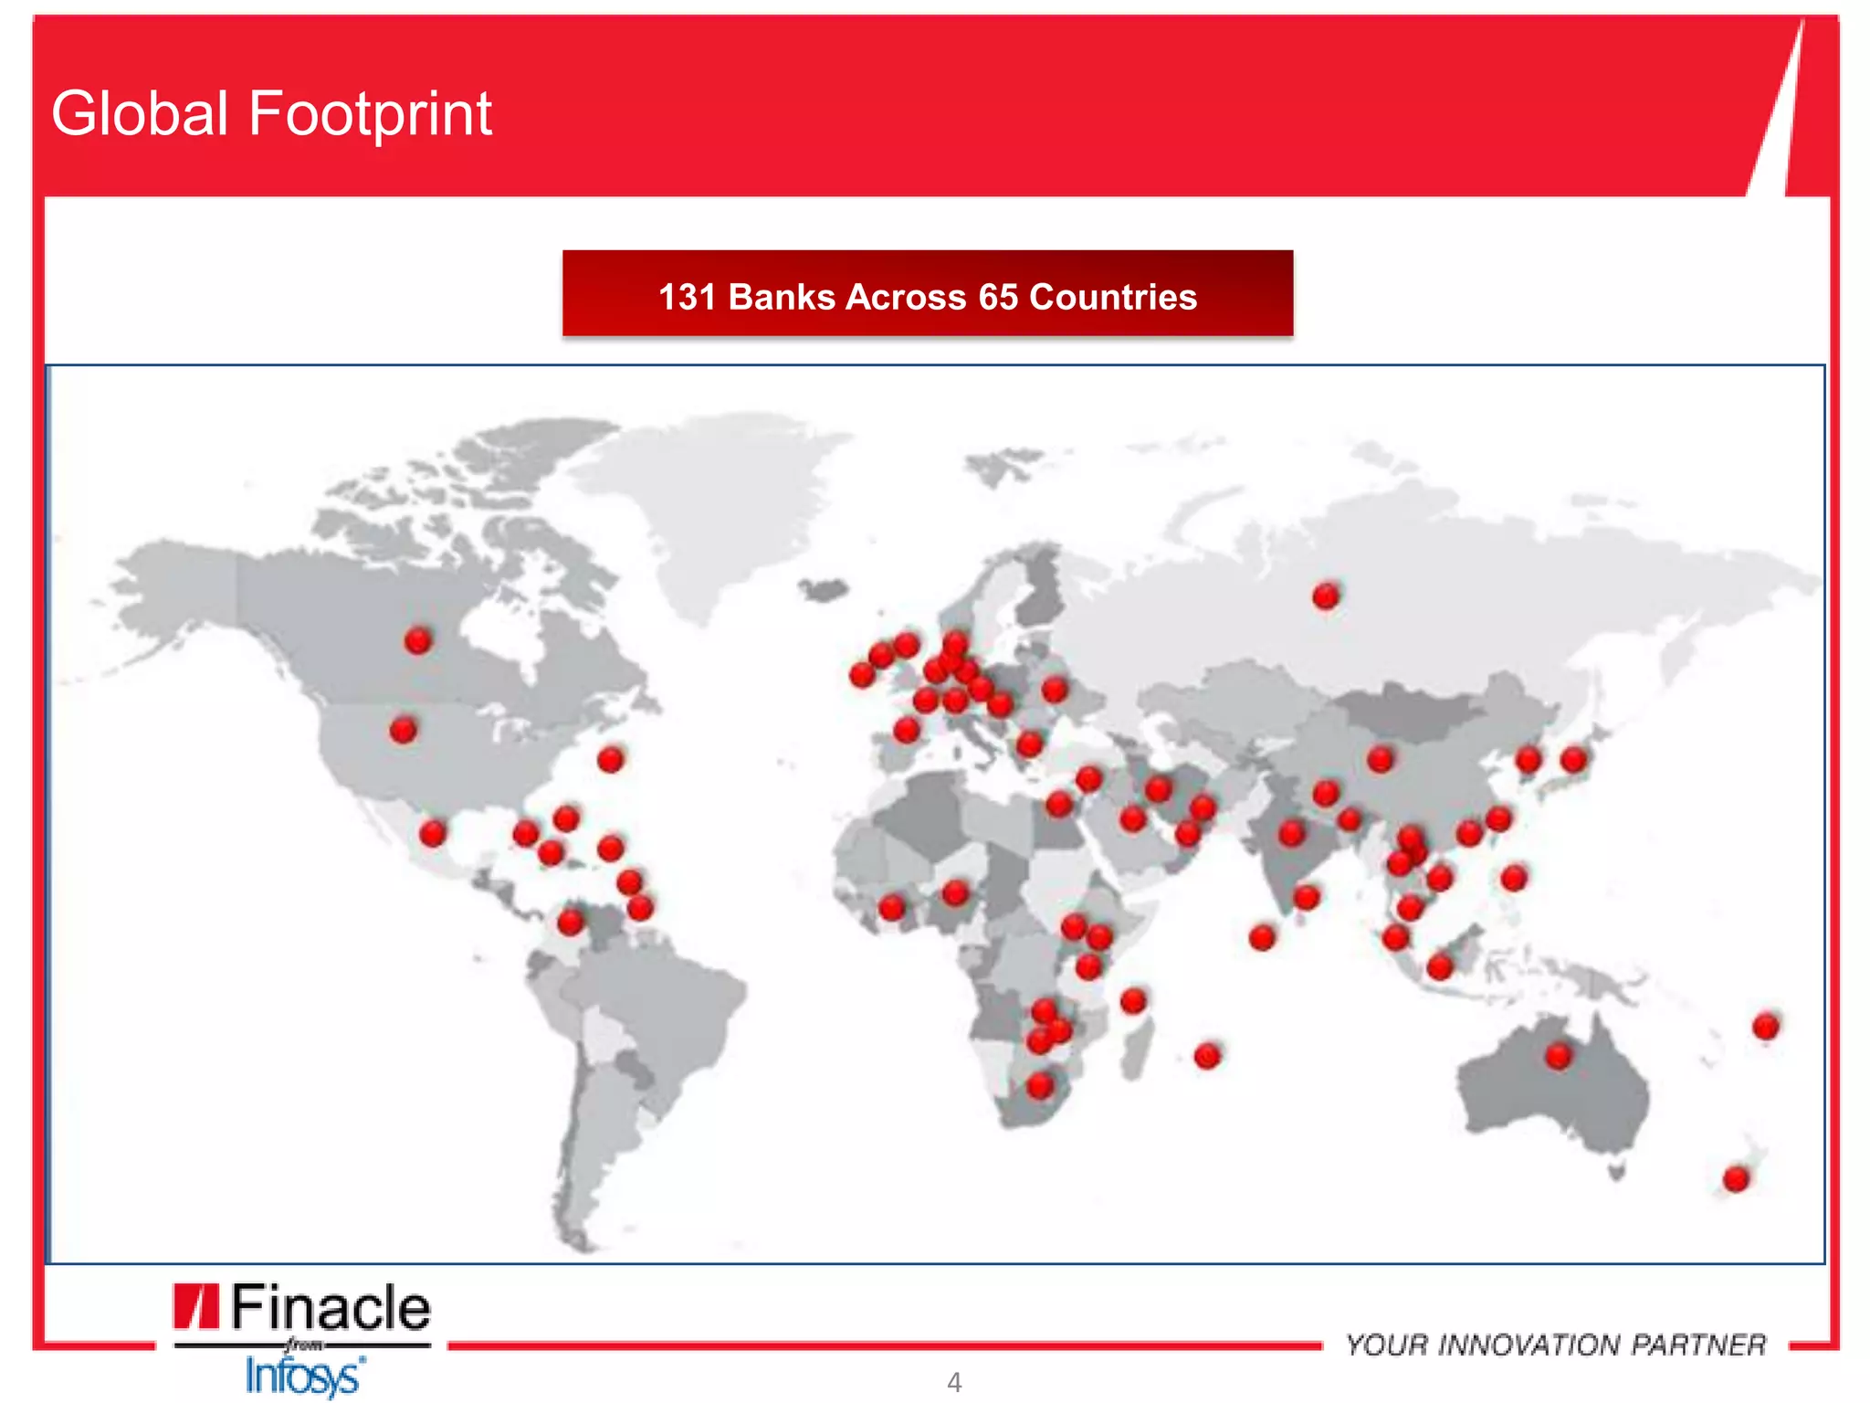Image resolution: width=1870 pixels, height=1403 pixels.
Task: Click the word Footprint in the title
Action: [370, 114]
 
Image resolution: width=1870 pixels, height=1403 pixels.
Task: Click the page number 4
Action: [954, 1383]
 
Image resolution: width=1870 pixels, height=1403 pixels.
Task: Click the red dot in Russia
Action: [1326, 596]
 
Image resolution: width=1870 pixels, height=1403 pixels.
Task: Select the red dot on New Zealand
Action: [1736, 1179]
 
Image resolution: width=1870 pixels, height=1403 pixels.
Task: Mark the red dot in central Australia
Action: [1559, 1057]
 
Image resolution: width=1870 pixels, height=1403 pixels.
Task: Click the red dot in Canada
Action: [418, 640]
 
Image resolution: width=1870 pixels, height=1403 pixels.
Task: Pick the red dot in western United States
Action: [403, 730]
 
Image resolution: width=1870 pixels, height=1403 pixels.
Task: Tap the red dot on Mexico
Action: [433, 833]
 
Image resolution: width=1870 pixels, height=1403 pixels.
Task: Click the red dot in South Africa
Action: [1040, 1086]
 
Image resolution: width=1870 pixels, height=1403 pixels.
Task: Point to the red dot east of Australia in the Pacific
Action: [1766, 1027]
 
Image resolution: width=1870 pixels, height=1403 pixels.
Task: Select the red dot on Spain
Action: [906, 730]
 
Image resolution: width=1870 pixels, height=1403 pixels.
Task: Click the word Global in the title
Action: [140, 114]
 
